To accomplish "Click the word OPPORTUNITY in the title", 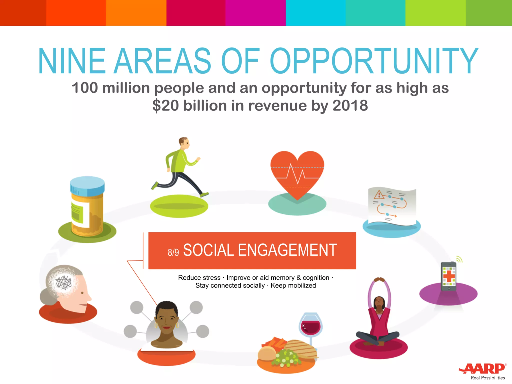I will point(373,61).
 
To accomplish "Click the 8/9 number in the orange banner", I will point(173,252).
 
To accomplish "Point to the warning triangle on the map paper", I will point(379,194).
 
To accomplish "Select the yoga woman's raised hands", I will point(379,279).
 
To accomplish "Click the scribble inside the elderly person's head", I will point(63,282).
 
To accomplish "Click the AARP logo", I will point(482,368).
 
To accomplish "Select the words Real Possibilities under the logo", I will point(488,378).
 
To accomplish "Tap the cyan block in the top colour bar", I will point(315,12).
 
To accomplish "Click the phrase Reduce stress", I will point(199,277).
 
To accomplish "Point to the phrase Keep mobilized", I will point(293,285).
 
